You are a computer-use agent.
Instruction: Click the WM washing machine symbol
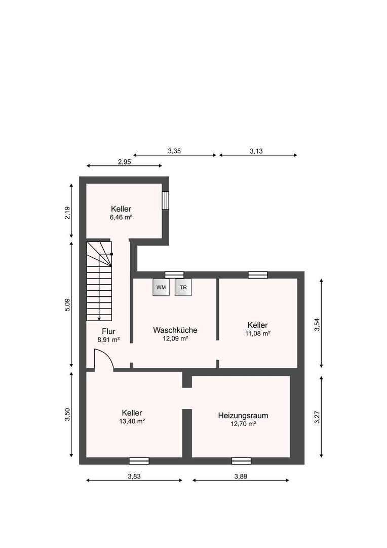[161, 287]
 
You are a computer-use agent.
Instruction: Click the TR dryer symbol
[183, 287]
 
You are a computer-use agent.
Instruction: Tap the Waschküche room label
[175, 330]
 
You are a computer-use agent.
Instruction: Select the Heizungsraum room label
[243, 415]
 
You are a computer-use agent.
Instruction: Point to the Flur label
[108, 331]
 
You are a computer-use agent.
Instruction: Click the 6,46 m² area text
[121, 217]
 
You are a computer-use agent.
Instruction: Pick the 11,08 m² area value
[258, 333]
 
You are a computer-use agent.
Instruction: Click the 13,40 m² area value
[132, 421]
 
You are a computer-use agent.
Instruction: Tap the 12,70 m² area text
[243, 424]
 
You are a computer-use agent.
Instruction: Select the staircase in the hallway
[99, 282]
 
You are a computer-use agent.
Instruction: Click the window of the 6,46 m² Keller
[165, 200]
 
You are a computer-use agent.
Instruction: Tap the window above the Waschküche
[174, 275]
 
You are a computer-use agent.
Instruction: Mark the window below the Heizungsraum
[241, 461]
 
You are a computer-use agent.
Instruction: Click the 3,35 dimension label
[175, 151]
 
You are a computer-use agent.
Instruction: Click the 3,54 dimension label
[318, 324]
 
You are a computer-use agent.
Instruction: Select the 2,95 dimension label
[125, 162]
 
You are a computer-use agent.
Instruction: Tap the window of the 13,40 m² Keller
[139, 461]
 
